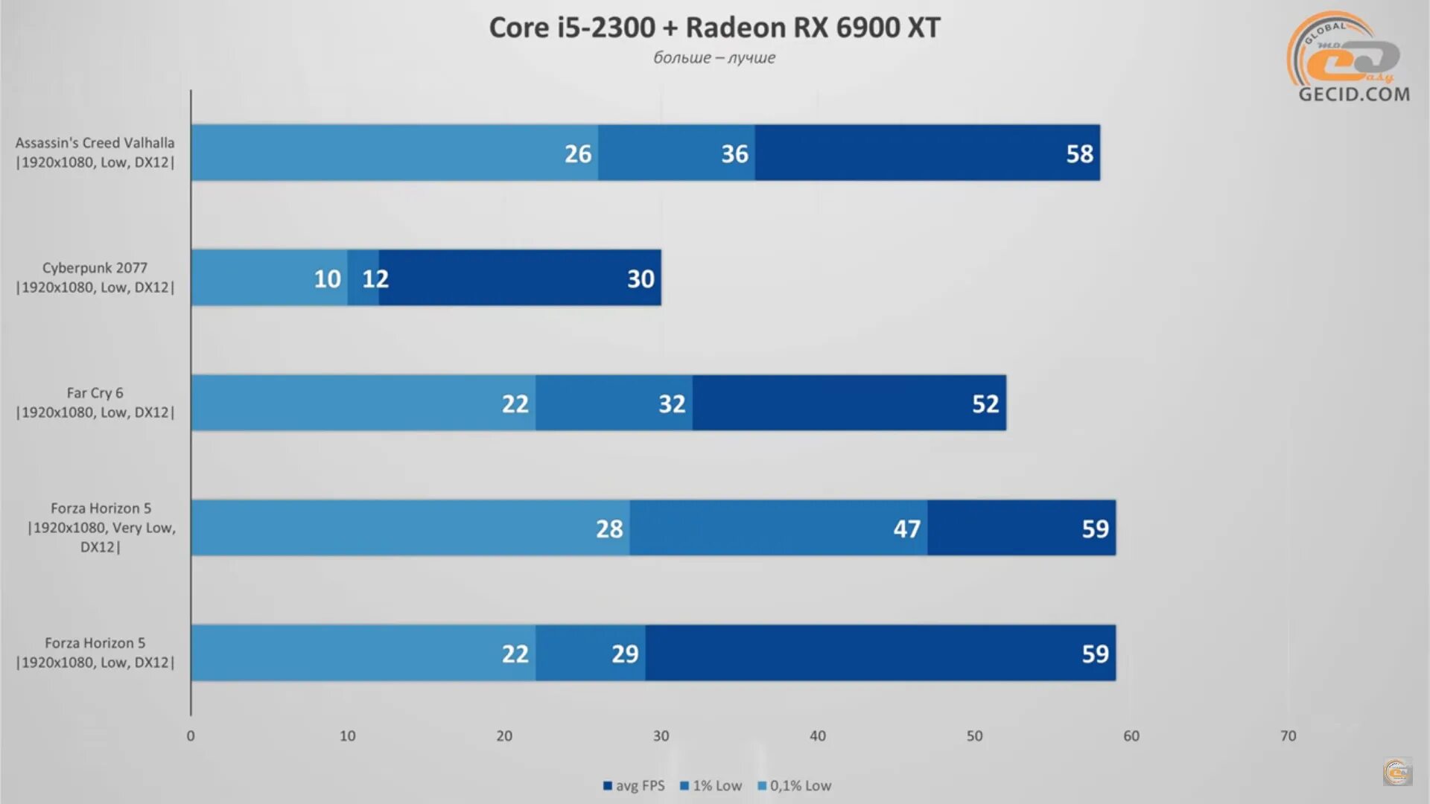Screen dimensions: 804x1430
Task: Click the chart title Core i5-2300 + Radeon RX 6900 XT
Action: [714, 28]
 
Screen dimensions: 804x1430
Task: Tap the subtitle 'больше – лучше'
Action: [714, 58]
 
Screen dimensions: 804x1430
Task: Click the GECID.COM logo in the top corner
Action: [1350, 58]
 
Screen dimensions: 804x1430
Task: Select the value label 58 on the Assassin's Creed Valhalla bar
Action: [1079, 154]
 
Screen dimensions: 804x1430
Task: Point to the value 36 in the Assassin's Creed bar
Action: [734, 154]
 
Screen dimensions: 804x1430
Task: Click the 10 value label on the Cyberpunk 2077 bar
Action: [327, 279]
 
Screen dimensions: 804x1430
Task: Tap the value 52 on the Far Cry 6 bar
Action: [985, 404]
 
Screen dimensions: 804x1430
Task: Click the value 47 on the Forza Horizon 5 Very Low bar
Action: [906, 529]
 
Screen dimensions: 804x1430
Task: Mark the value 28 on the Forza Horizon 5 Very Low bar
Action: [609, 529]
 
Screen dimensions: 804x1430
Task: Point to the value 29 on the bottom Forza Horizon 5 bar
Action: [625, 654]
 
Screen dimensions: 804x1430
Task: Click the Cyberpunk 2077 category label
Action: [95, 278]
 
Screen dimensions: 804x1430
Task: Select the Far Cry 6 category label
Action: [95, 403]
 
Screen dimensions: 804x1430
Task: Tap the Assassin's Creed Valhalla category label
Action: [95, 153]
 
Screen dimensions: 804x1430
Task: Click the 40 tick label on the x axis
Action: [818, 736]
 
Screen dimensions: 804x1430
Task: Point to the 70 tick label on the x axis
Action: [1288, 736]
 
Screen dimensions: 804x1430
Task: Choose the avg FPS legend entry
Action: [634, 786]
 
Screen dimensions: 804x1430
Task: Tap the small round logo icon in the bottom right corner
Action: [1397, 772]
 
